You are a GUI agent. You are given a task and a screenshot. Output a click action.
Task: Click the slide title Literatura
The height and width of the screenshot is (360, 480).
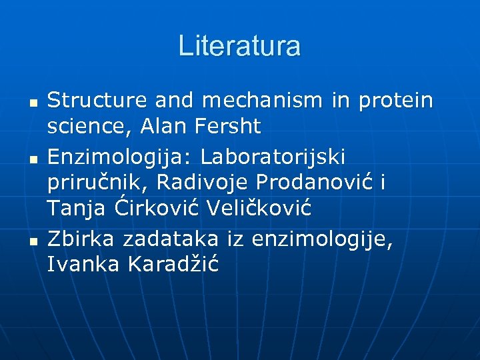(x=239, y=46)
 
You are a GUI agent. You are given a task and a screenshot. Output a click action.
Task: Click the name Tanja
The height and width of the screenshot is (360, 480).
(x=76, y=209)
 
